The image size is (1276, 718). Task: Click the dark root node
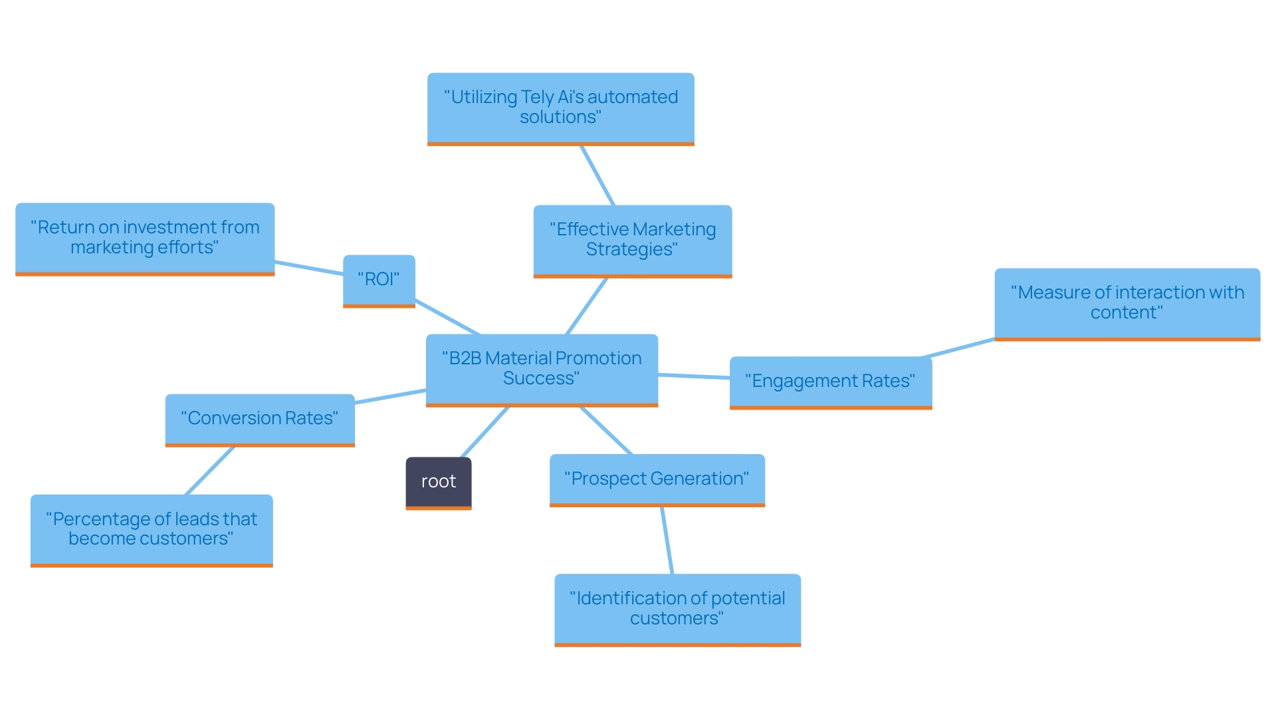tap(439, 482)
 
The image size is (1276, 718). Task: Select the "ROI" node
tap(379, 280)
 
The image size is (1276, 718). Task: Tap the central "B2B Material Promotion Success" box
tap(542, 369)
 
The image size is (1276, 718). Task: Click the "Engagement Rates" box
tap(830, 382)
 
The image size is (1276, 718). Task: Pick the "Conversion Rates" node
tap(260, 419)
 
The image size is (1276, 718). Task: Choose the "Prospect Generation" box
tap(657, 479)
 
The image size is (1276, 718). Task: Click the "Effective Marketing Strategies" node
tap(632, 240)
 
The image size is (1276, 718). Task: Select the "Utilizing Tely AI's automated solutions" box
tap(560, 108)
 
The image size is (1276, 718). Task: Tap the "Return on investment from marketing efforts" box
tap(145, 238)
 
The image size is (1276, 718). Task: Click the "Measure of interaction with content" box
tap(1127, 303)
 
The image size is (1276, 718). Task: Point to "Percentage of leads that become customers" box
tap(152, 529)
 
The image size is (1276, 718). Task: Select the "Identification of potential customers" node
tap(677, 609)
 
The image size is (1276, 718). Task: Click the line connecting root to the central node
tap(485, 431)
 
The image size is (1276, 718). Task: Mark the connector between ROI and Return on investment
tap(309, 268)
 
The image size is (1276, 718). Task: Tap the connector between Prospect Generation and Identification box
tap(667, 540)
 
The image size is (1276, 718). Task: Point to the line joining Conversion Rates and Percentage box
tap(210, 471)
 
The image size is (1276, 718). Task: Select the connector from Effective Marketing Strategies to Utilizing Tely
tap(597, 176)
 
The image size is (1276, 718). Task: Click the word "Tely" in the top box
tap(537, 97)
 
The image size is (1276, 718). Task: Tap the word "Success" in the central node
tap(541, 379)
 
